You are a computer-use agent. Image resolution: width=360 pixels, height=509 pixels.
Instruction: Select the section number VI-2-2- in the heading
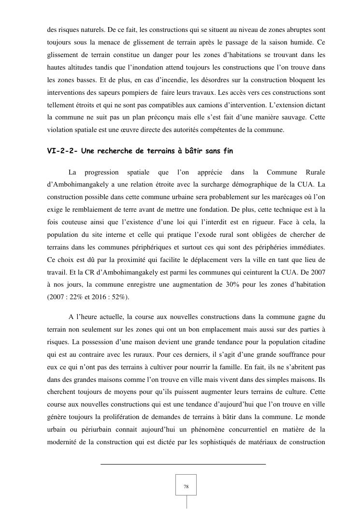pos(62,151)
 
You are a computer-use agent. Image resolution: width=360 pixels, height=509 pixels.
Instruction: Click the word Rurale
pos(316,172)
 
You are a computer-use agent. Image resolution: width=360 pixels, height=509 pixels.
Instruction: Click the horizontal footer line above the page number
pos(183,464)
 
